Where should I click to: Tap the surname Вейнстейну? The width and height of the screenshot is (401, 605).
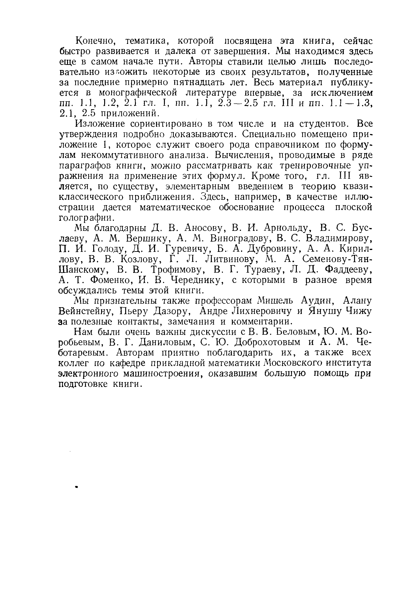click(85, 312)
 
